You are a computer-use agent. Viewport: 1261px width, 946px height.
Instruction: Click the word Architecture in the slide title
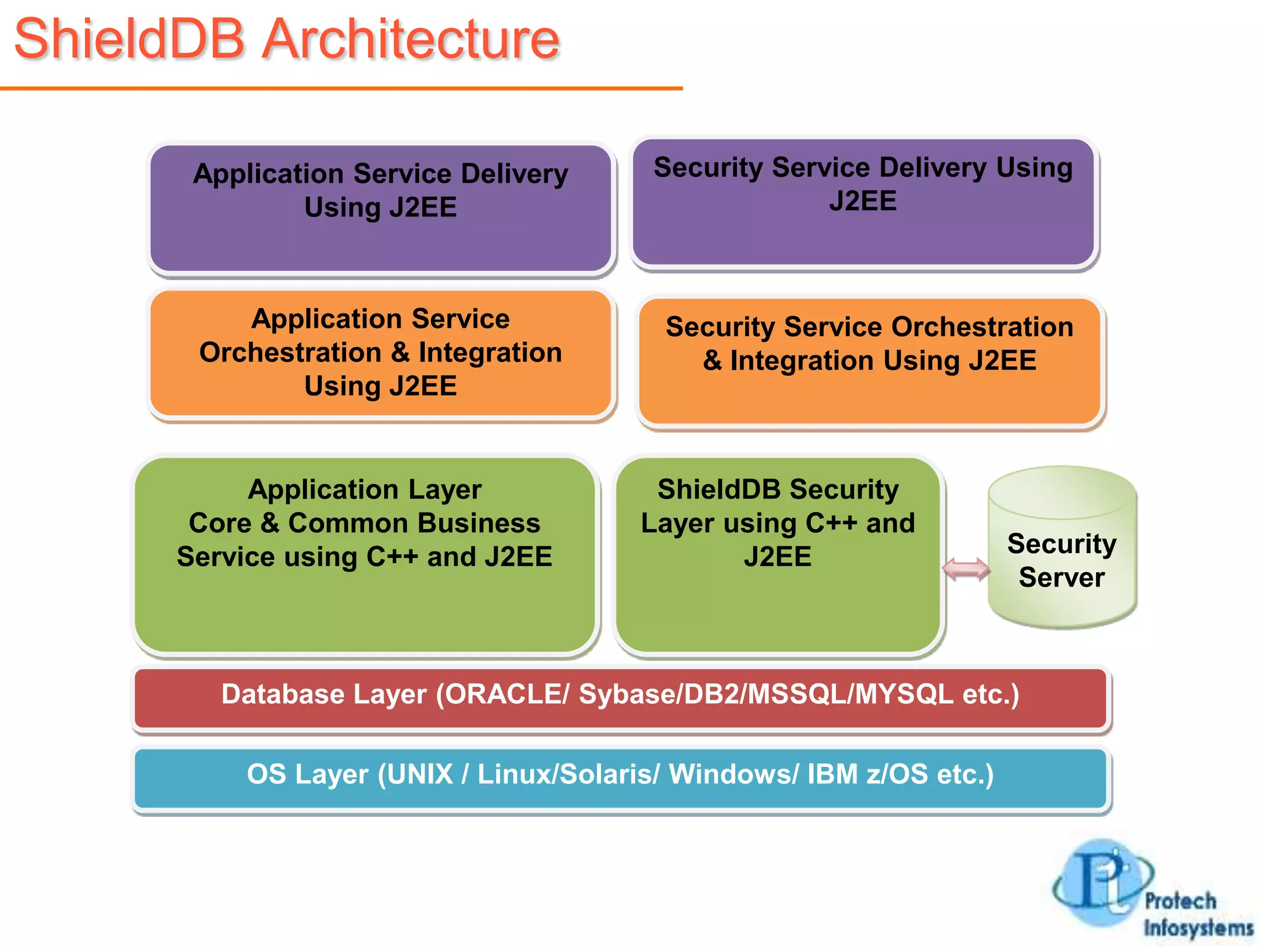pos(411,39)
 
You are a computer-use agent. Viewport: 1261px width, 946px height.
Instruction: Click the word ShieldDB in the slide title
pos(129,39)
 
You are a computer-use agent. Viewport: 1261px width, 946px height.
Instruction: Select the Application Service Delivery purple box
pos(381,208)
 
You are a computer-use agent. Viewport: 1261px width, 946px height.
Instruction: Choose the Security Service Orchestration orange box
pos(869,362)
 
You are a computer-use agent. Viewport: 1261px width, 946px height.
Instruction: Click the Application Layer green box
pos(365,554)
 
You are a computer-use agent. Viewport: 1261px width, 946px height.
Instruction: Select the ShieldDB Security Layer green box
pos(778,554)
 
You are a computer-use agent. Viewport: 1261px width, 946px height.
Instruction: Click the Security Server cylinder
pos(1062,548)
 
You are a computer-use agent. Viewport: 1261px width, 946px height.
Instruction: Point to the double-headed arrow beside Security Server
pos(965,569)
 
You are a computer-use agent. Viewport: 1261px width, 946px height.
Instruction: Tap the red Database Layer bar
pos(620,697)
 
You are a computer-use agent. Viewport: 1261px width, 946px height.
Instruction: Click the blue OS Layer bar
pos(620,777)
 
